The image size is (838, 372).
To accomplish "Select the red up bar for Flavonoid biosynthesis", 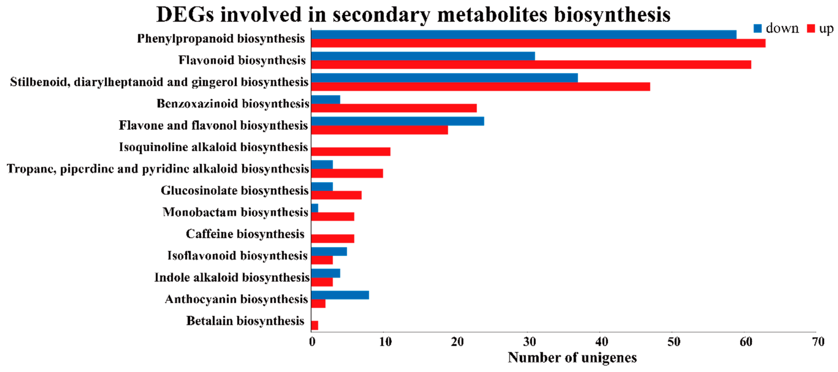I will pos(531,64).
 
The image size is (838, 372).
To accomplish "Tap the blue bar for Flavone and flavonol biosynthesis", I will pos(397,121).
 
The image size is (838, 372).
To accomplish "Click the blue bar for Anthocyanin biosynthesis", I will pos(340,295).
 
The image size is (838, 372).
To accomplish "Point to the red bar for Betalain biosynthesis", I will pos(314,325).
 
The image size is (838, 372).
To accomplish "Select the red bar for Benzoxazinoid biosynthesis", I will pos(394,108).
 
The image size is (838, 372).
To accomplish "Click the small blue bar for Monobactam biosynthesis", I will pos(314,208).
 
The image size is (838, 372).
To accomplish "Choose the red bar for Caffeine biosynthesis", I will pos(333,239).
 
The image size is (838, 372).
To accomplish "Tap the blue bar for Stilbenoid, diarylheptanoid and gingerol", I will pos(444,78).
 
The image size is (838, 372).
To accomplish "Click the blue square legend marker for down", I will pos(757,29).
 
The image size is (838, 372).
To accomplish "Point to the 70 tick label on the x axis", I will pos(818,342).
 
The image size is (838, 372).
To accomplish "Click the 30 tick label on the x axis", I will pos(529,342).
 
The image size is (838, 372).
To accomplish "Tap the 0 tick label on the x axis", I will pos(312,342).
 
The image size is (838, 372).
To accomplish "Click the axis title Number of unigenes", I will pos(572,358).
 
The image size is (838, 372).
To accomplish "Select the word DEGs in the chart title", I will pos(185,15).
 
